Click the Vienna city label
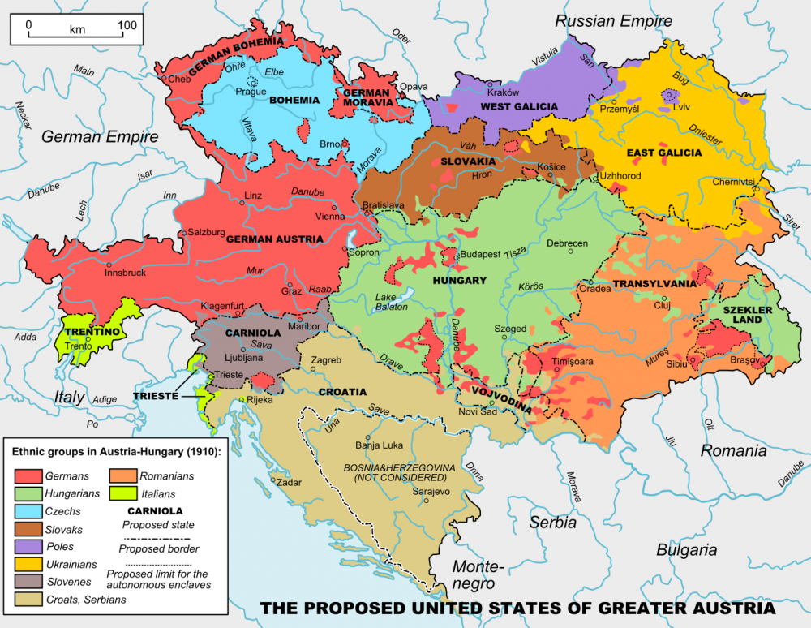point(329,217)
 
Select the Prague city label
point(251,92)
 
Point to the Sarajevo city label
point(431,492)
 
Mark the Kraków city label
point(503,92)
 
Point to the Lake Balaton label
point(392,302)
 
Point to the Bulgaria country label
point(687,550)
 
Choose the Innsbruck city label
point(125,273)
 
